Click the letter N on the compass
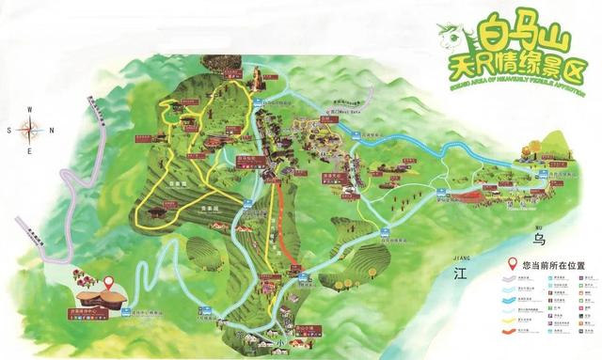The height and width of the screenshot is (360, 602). [x=51, y=130]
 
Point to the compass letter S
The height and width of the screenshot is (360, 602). [x=8, y=131]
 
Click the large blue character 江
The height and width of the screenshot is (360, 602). [x=460, y=274]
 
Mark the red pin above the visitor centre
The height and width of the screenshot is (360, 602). [x=108, y=281]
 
